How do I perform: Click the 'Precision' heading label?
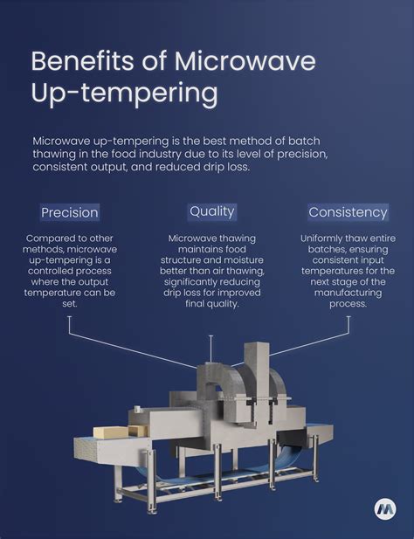coord(70,212)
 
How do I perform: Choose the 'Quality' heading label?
coord(211,211)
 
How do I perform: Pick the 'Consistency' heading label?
coord(347,212)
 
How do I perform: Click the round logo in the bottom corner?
coord(383,508)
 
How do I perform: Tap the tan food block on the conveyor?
coord(112,432)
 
